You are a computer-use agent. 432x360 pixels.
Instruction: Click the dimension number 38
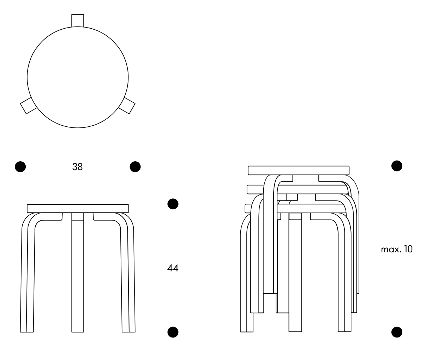point(77,167)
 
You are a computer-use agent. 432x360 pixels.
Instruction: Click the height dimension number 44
point(172,268)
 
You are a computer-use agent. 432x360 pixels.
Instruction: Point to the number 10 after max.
point(408,250)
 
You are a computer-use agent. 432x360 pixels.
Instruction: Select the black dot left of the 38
point(20,167)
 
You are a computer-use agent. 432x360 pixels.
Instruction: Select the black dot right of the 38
point(135,167)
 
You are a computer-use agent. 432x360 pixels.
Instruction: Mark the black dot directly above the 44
point(173,204)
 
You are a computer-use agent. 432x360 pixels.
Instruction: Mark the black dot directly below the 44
point(173,332)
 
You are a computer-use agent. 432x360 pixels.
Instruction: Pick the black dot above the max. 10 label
point(397,166)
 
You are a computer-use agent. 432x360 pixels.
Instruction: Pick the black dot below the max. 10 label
point(397,332)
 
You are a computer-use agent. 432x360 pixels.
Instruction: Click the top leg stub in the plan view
point(78,20)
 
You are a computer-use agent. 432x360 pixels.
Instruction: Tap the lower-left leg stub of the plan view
point(28,106)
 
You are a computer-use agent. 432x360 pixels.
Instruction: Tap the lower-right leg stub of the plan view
point(127,106)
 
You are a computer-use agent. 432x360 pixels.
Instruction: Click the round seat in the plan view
point(78,78)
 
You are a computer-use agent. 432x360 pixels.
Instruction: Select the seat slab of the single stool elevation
point(78,208)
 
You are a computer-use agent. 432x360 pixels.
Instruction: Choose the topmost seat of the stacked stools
point(299,170)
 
